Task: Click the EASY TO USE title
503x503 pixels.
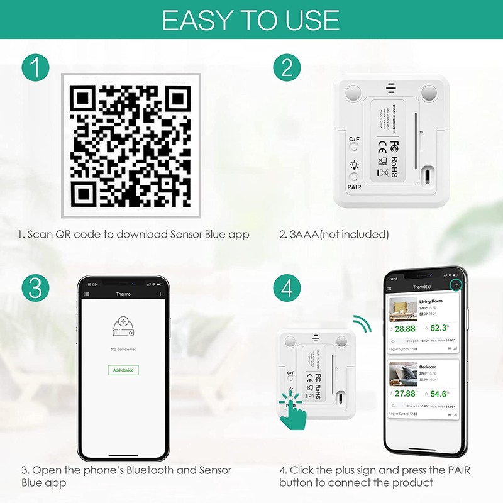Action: coord(251,20)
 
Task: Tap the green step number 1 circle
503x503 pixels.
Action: coord(36,67)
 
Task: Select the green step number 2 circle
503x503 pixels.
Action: coord(287,67)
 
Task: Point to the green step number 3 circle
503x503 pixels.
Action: coord(36,287)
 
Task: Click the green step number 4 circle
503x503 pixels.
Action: coord(287,287)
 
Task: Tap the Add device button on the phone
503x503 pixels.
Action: coord(123,370)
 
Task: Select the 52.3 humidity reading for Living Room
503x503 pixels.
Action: coord(439,328)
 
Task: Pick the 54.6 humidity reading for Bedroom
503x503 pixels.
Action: coord(439,394)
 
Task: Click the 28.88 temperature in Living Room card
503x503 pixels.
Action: coord(406,328)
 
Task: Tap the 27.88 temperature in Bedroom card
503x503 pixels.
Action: coord(406,394)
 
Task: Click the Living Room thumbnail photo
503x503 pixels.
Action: coord(402,309)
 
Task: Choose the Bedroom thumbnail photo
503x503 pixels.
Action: coord(402,374)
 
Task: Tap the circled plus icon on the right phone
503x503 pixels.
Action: coord(455,285)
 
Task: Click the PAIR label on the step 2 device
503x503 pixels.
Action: coord(354,186)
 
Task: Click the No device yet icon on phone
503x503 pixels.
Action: coord(123,326)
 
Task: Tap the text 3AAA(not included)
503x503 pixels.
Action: coord(334,235)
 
